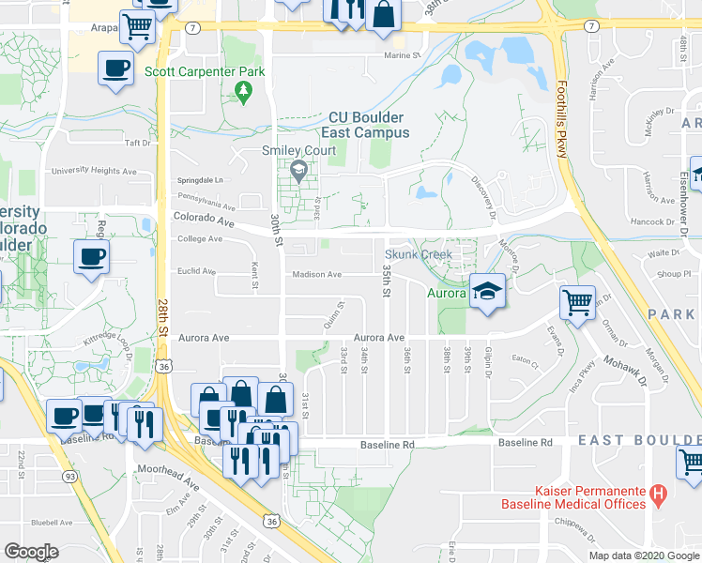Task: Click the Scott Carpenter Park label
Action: point(205,71)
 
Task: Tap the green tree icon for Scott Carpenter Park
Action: point(244,90)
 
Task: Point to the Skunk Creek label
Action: point(419,254)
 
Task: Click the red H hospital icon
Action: point(658,491)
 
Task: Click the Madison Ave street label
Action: point(315,275)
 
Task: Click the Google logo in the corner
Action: point(31,552)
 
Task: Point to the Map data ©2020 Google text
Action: point(643,555)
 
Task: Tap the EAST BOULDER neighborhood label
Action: point(638,440)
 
